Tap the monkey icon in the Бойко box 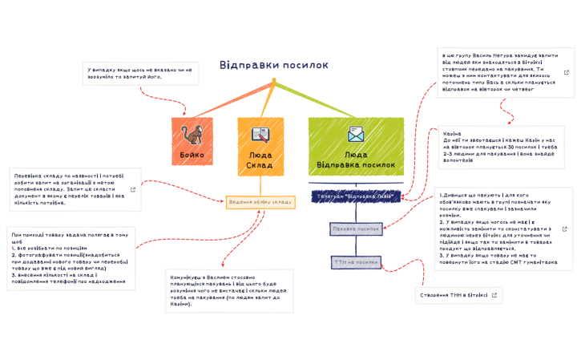point(191,134)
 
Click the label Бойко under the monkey point(191,154)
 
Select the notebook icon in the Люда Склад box point(260,134)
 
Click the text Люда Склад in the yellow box point(260,159)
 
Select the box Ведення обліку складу point(260,202)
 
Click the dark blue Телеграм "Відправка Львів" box point(355,196)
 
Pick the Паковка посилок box point(355,229)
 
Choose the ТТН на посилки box point(355,261)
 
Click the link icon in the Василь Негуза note point(567,72)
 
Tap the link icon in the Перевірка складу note point(133,190)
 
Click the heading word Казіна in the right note point(451,133)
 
